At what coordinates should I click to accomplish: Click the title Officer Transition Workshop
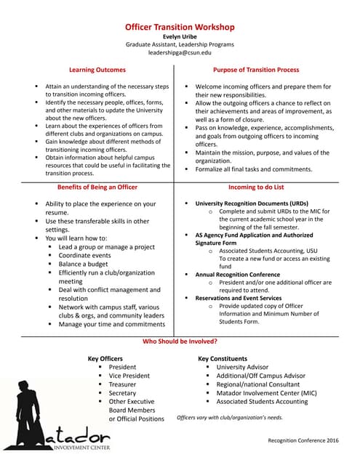pos(180,27)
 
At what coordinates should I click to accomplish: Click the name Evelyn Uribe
pos(180,36)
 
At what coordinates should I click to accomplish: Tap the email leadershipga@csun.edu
pos(180,53)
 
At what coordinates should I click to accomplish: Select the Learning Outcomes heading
pos(97,70)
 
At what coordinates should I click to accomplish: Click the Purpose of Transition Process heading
pos(255,70)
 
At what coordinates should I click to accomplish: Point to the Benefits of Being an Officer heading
pos(97,187)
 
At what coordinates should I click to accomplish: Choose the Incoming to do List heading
pos(255,187)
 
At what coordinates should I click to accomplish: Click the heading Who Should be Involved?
pos(180,341)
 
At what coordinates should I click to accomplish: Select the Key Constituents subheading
pos(223,359)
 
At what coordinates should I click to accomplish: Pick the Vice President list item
pos(129,376)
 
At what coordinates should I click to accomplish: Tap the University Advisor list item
pos(242,367)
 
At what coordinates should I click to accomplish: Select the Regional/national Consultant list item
pos(257,384)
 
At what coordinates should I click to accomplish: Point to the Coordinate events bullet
pos(84,255)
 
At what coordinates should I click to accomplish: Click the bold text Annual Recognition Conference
pos(237,275)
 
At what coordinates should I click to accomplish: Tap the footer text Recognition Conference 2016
pos(303,440)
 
